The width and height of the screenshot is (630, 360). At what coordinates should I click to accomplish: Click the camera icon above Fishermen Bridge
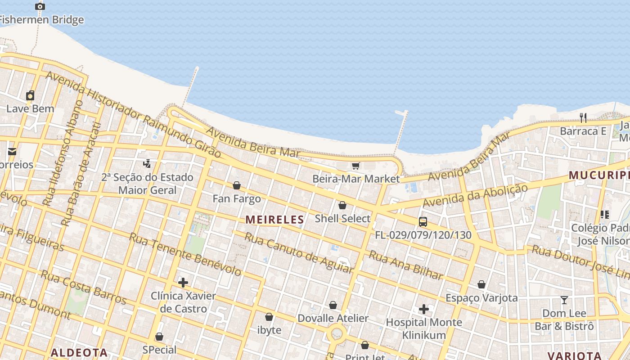tap(40, 6)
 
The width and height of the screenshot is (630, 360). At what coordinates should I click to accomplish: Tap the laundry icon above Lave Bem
tap(30, 95)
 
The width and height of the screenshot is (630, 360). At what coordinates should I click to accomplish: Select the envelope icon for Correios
tap(12, 152)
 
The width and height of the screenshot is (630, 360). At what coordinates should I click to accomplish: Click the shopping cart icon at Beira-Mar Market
tap(355, 166)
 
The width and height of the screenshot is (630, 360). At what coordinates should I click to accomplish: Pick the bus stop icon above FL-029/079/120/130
tap(423, 221)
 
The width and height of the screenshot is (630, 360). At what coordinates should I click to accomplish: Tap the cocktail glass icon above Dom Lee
tap(564, 300)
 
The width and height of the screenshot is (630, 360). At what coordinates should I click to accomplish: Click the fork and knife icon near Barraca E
tap(583, 118)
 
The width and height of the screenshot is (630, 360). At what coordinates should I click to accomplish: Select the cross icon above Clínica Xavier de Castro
tap(183, 283)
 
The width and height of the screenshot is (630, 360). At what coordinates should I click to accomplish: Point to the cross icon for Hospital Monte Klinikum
tap(423, 309)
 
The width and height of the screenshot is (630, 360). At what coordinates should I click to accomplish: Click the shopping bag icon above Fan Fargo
tap(236, 185)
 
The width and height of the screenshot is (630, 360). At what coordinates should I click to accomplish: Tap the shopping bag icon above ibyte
tap(269, 317)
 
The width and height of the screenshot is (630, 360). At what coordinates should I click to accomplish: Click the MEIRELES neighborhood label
tap(274, 220)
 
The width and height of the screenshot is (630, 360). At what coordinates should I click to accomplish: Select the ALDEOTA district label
tap(79, 352)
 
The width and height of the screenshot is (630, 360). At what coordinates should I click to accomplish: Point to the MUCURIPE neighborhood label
tap(598, 175)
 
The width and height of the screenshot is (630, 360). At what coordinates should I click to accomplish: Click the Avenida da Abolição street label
tap(475, 197)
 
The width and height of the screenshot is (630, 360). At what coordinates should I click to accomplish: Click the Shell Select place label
tap(342, 219)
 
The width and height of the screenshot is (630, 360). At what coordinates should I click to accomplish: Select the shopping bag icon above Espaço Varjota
tap(481, 284)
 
